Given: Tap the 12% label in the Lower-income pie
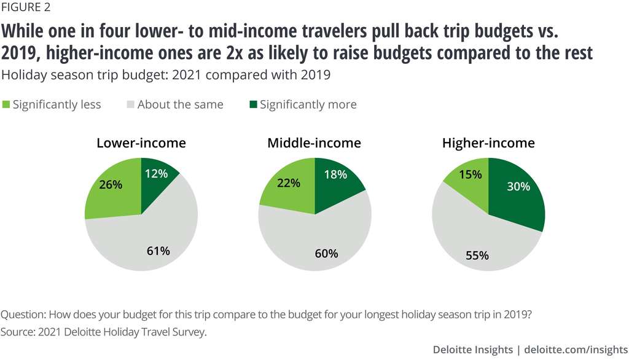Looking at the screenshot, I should [157, 174].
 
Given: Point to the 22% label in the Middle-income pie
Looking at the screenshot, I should [288, 182].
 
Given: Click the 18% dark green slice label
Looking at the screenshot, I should [335, 174].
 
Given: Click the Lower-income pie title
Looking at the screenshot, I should [141, 143].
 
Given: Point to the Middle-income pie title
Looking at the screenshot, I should [314, 143].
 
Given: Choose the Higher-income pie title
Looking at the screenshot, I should [488, 143].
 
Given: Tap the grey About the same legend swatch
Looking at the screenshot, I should [129, 104].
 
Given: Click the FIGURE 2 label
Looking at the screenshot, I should [26, 8].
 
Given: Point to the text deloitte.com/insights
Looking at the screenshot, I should [574, 350].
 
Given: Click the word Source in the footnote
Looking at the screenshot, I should [18, 332].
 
